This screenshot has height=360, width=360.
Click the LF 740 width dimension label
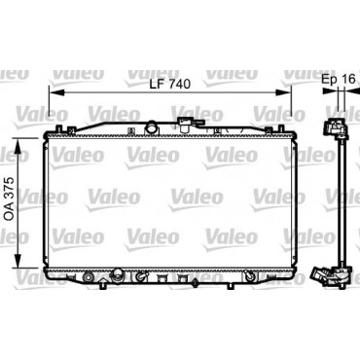click(x=170, y=84)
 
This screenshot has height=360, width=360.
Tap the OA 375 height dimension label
click(x=11, y=198)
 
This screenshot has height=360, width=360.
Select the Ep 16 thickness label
click(x=339, y=79)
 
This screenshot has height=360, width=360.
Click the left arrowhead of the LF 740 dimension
click(x=55, y=93)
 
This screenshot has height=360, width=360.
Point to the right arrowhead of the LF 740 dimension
click(x=284, y=93)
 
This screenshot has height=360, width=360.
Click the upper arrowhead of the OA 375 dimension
click(x=18, y=147)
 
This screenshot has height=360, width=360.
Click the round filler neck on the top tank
click(x=151, y=126)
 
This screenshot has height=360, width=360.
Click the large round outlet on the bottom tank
click(x=116, y=276)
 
